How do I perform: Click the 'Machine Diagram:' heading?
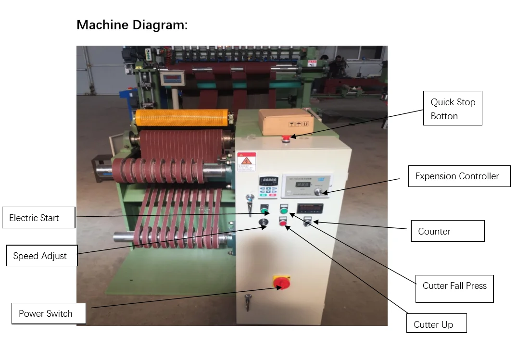click(x=132, y=25)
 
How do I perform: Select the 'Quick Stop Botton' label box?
click(x=452, y=109)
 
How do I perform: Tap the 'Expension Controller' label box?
click(x=459, y=176)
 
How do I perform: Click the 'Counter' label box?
click(x=447, y=231)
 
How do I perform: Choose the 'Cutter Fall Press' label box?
click(x=454, y=286)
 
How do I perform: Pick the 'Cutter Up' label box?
click(x=436, y=324)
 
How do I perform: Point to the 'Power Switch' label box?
click(x=49, y=313)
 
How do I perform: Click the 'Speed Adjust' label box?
click(x=41, y=256)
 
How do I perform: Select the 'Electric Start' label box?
click(x=38, y=218)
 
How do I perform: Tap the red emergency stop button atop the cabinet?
click(x=286, y=138)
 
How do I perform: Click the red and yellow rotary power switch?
click(x=279, y=282)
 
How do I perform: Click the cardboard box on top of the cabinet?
click(x=286, y=120)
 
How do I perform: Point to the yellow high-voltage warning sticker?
click(x=246, y=161)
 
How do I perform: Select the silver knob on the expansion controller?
click(x=318, y=192)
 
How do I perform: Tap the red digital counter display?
click(x=310, y=209)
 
